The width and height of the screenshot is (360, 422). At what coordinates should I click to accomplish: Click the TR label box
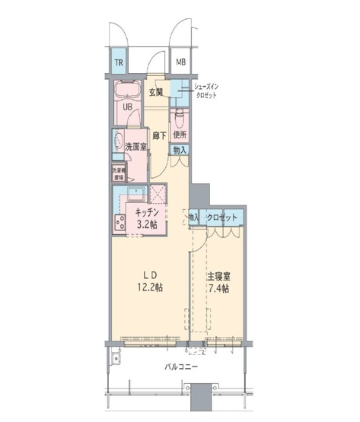pyautogui.click(x=119, y=63)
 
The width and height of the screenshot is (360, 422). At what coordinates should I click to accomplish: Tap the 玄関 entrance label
pyautogui.click(x=156, y=93)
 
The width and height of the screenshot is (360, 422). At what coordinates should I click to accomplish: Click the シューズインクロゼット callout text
pyautogui.click(x=208, y=92)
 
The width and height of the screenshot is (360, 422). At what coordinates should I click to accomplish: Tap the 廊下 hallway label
pyautogui.click(x=158, y=135)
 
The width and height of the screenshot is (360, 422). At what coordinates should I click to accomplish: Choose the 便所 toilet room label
pyautogui.click(x=180, y=135)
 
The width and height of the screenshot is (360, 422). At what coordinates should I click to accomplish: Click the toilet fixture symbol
pyautogui.click(x=179, y=118)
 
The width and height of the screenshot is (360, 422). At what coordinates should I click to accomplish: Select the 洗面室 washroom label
pyautogui.click(x=135, y=147)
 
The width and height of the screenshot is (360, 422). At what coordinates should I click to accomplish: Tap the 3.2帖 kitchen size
pyautogui.click(x=147, y=225)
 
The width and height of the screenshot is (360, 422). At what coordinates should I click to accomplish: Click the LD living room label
pyautogui.click(x=150, y=274)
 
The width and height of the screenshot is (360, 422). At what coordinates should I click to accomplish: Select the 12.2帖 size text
pyautogui.click(x=150, y=288)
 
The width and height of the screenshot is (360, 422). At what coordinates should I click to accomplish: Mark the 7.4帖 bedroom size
pyautogui.click(x=218, y=289)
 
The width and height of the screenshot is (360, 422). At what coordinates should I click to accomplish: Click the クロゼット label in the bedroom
pyautogui.click(x=221, y=218)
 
